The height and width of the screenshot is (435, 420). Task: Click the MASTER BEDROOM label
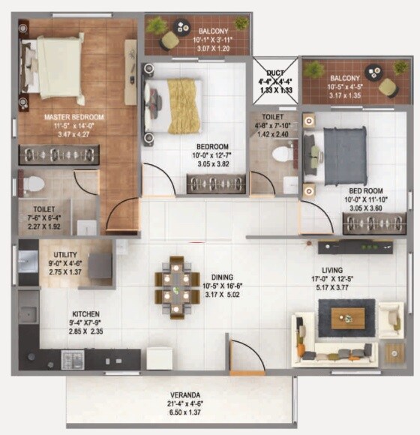(73, 118)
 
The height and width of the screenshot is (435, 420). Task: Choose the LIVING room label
(331, 270)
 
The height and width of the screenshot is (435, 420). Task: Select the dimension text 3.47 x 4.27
(73, 135)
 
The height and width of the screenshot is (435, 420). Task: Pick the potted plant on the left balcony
(157, 25)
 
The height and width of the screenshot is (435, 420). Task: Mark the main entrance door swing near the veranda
(244, 354)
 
